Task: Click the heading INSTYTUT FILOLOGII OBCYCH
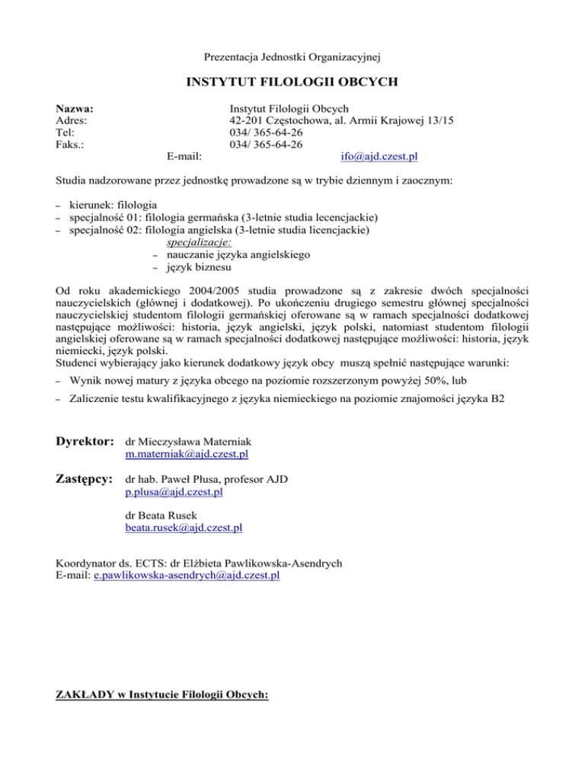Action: click(x=292, y=81)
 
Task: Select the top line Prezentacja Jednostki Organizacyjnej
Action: click(x=292, y=56)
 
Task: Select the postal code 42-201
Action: click(x=245, y=120)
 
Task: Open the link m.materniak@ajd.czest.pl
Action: click(x=187, y=455)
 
